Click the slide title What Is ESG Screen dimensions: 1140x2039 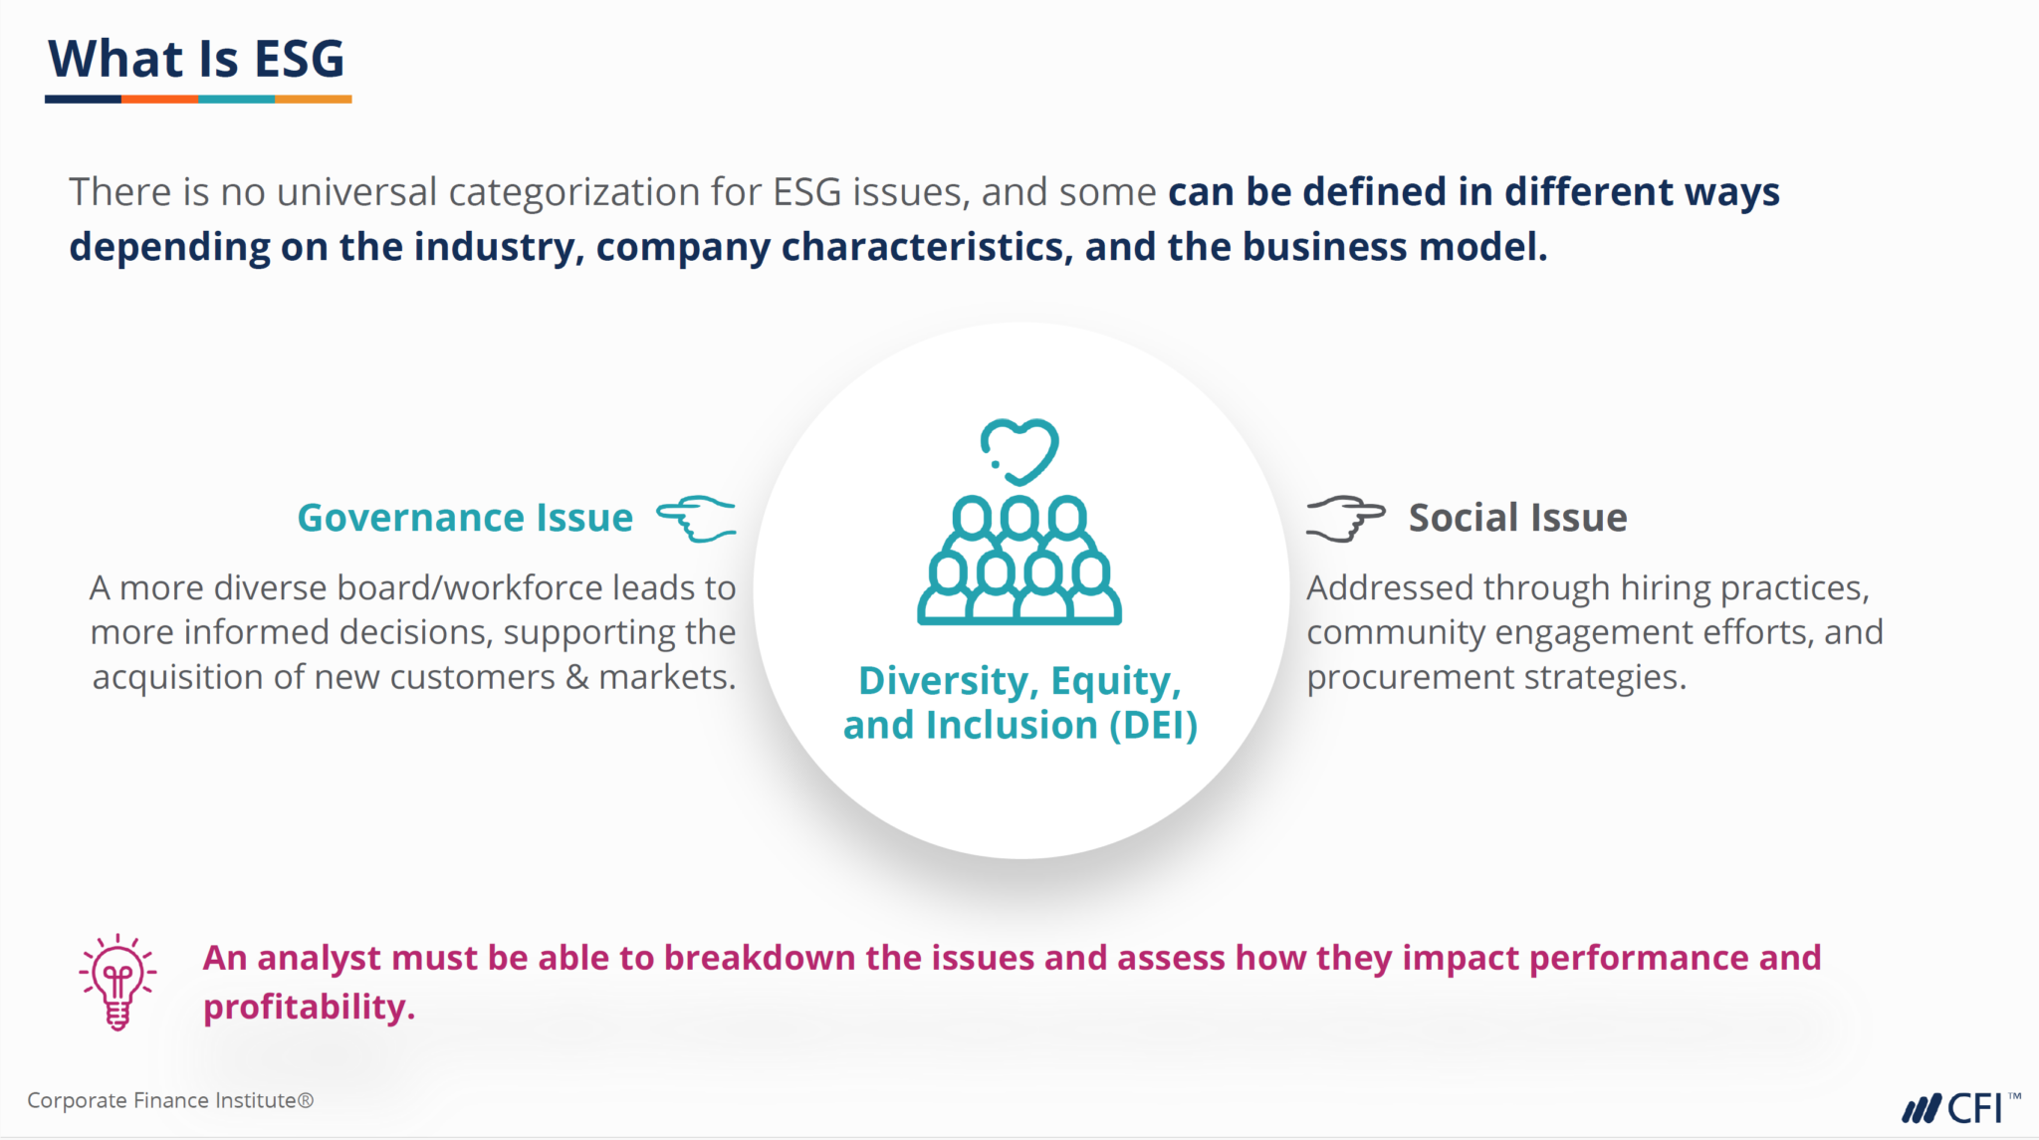pyautogui.click(x=196, y=59)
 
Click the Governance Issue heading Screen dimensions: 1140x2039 pyautogui.click(x=465, y=518)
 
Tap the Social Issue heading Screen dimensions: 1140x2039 pyautogui.click(x=1517, y=518)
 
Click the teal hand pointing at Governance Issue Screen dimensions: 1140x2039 pyautogui.click(x=697, y=519)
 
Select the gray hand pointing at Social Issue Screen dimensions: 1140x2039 pyautogui.click(x=1345, y=518)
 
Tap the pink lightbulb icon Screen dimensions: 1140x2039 pyautogui.click(x=117, y=982)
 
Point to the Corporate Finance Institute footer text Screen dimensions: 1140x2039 pyautogui.click(x=170, y=1100)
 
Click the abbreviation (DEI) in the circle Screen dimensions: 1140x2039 pyautogui.click(x=1153, y=726)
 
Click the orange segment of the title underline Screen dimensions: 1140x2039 pyautogui.click(x=159, y=100)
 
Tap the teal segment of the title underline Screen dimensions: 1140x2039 pyautogui.click(x=236, y=100)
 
